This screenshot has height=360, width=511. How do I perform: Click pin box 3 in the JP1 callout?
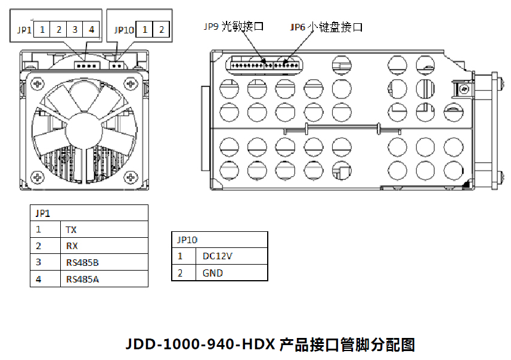tap(75, 29)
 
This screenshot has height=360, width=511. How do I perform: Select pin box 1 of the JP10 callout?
tap(144, 29)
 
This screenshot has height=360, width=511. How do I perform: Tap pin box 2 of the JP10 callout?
tap(161, 29)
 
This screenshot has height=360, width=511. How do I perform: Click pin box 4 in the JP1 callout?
tap(91, 29)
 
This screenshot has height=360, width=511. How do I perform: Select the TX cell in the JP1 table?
tap(72, 229)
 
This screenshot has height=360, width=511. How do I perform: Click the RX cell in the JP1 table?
tap(72, 246)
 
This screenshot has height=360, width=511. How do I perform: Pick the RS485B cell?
tap(82, 262)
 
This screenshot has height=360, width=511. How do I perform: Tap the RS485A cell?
tap(82, 278)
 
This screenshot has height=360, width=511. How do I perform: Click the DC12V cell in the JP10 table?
tap(217, 256)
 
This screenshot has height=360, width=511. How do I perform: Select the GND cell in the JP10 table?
tap(213, 273)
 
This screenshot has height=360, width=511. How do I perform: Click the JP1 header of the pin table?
tap(43, 213)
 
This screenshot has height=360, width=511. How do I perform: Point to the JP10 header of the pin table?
tap(187, 240)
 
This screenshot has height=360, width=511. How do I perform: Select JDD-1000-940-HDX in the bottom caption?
tap(200, 345)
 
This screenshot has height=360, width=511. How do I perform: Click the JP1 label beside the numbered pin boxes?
tap(24, 29)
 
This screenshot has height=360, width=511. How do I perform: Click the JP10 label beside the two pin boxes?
tap(123, 29)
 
